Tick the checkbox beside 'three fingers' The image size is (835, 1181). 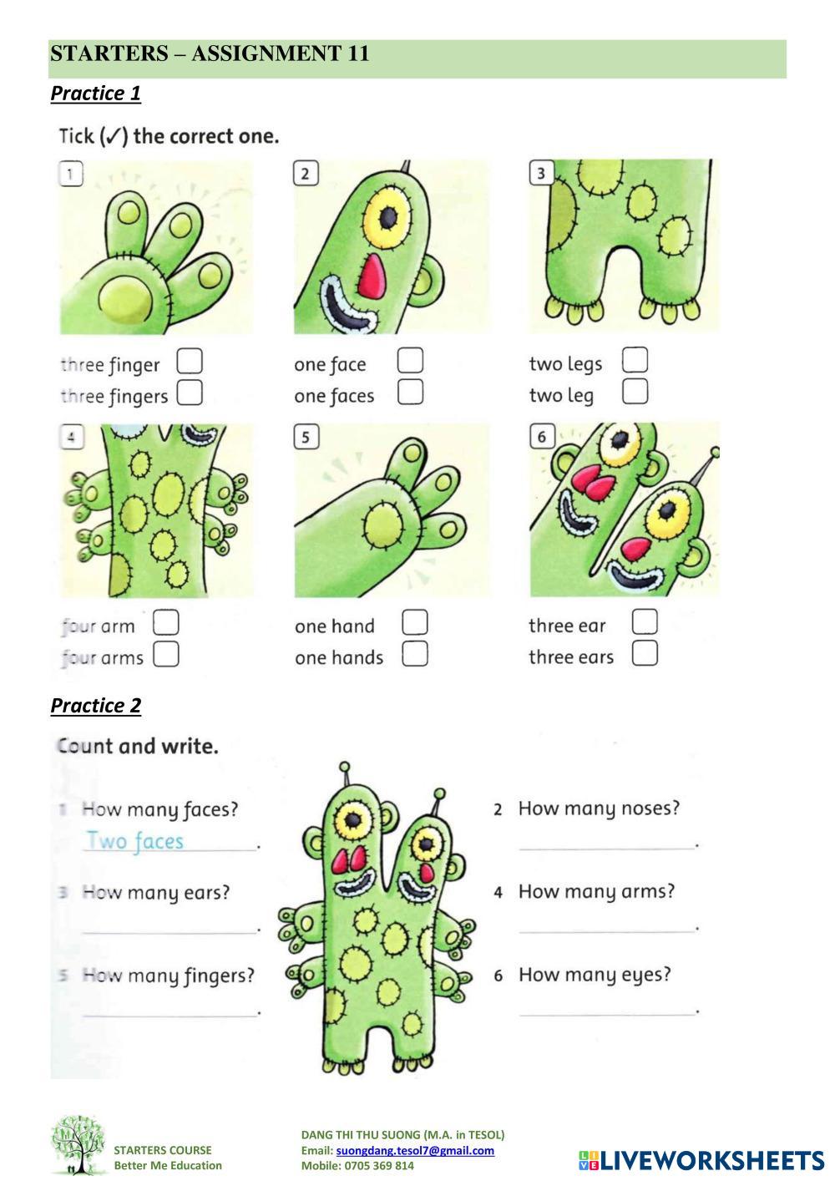click(190, 393)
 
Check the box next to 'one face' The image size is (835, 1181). click(410, 361)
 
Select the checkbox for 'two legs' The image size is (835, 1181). click(635, 360)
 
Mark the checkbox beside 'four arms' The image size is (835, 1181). click(166, 654)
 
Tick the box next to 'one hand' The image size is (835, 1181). click(415, 623)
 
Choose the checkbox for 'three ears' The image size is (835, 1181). click(645, 653)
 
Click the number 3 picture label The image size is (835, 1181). click(541, 173)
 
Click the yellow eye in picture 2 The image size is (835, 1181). click(387, 218)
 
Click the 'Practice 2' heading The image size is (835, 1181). click(96, 706)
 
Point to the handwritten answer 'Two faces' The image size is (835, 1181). click(135, 841)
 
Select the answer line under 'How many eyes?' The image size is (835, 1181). click(606, 1015)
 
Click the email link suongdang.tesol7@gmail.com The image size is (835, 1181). click(415, 1150)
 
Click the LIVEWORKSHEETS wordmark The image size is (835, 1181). click(701, 1160)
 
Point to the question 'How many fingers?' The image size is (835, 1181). click(169, 976)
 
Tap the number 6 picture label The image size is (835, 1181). click(542, 437)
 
